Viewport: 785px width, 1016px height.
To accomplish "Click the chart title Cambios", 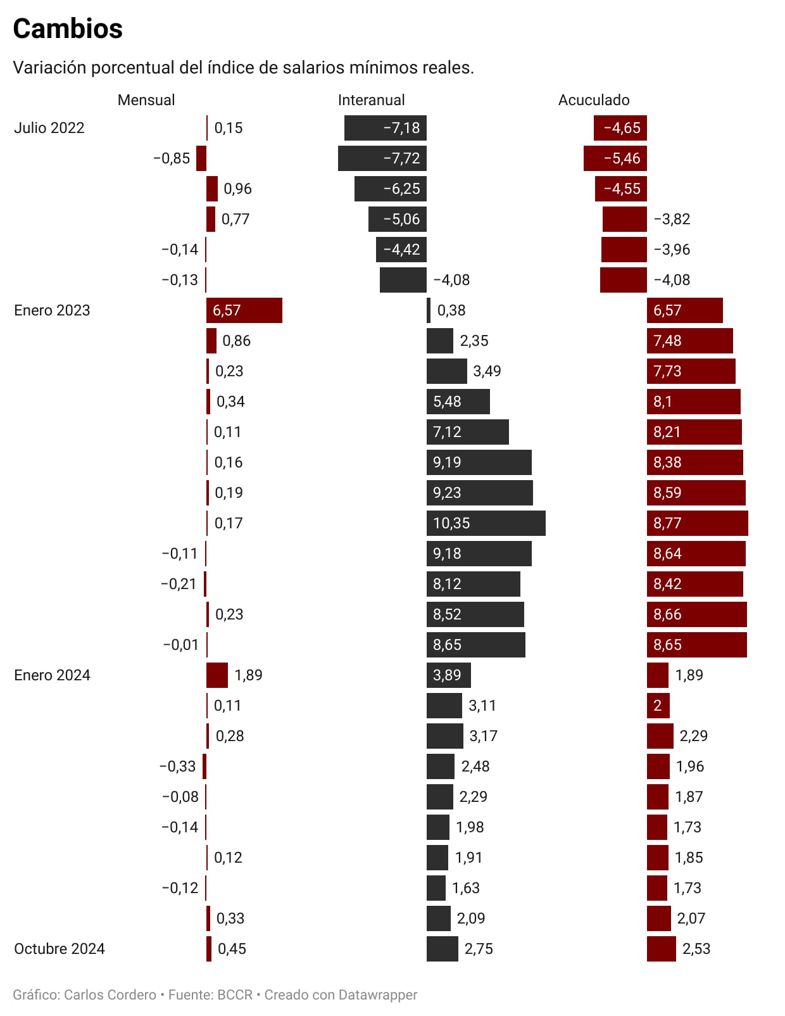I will click(68, 29).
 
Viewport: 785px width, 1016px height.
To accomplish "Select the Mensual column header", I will click(146, 100).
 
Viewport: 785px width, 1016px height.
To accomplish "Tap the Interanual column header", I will click(371, 100).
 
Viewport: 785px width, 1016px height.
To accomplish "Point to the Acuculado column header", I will click(594, 100).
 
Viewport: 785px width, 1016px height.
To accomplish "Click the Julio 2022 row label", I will click(49, 128).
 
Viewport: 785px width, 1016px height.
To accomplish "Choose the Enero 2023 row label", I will click(52, 310).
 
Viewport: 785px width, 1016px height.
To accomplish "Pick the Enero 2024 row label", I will click(52, 675).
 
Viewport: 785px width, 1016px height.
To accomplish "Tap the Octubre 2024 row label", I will click(60, 949).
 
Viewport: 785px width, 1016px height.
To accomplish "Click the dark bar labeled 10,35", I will click(486, 523).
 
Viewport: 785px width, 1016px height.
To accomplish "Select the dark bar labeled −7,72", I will click(382, 158).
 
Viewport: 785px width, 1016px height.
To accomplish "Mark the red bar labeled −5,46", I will click(615, 158).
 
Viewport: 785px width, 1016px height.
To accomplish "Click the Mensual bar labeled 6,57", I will click(244, 310).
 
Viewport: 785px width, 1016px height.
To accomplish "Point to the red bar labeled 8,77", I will click(697, 523).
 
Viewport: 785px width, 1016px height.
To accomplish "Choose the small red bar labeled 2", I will click(658, 706).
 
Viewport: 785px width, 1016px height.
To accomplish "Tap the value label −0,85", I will click(172, 158).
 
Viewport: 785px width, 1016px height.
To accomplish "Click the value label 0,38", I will click(451, 310).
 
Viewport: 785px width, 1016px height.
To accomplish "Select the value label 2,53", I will click(696, 949).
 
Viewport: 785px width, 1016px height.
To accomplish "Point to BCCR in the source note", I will click(235, 995).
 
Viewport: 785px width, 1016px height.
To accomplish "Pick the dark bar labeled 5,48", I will click(458, 402).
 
